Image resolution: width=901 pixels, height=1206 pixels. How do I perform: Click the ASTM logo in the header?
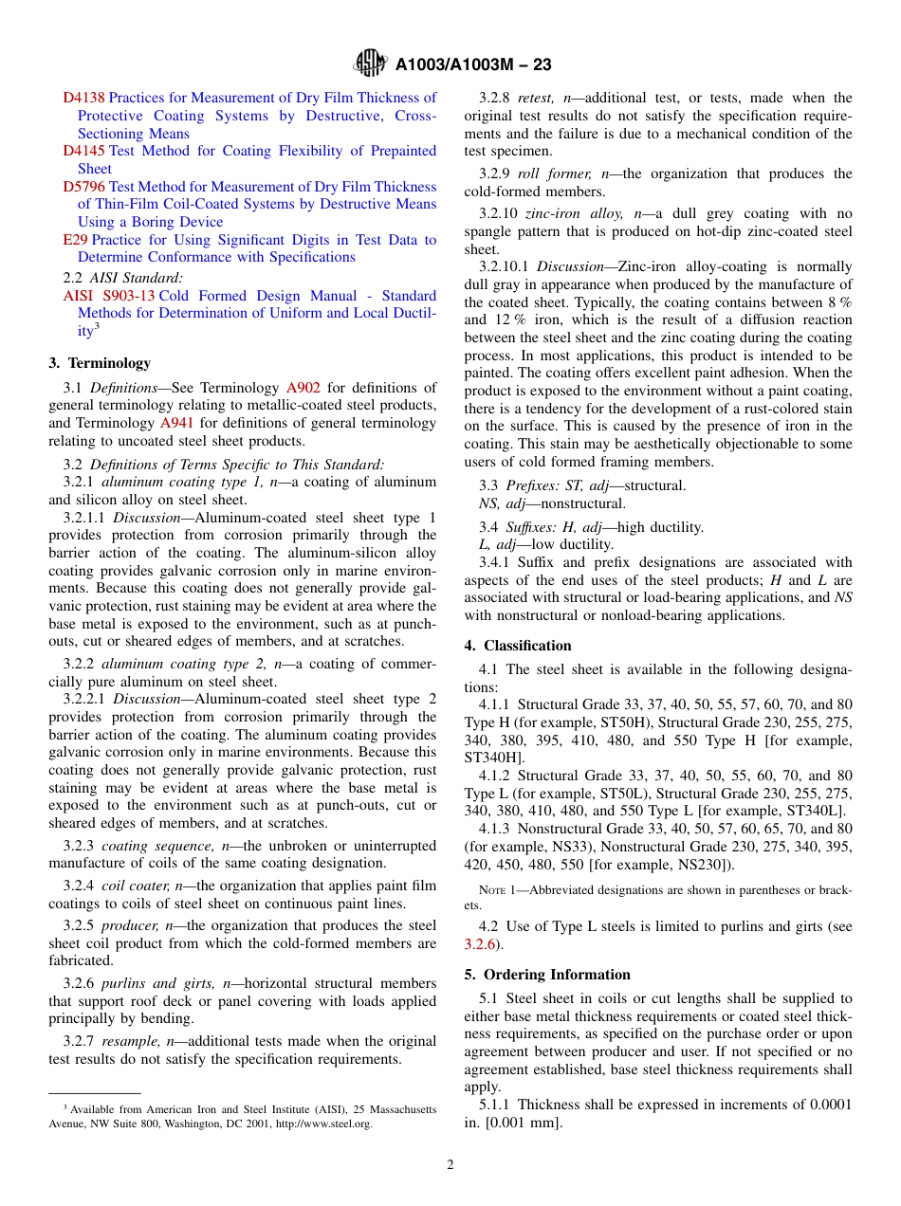tap(370, 64)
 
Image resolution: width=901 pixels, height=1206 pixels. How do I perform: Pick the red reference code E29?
tap(75, 240)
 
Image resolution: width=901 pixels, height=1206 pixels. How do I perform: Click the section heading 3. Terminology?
tap(99, 363)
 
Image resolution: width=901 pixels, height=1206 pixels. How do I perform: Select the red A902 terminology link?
tap(303, 388)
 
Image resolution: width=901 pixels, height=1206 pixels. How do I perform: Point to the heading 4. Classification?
tap(518, 646)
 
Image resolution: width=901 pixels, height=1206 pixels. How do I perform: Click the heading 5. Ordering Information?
tap(547, 975)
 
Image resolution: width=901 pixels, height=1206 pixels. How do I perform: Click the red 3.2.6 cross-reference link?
tap(479, 944)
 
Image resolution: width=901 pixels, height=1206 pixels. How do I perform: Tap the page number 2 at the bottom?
tap(450, 1164)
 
